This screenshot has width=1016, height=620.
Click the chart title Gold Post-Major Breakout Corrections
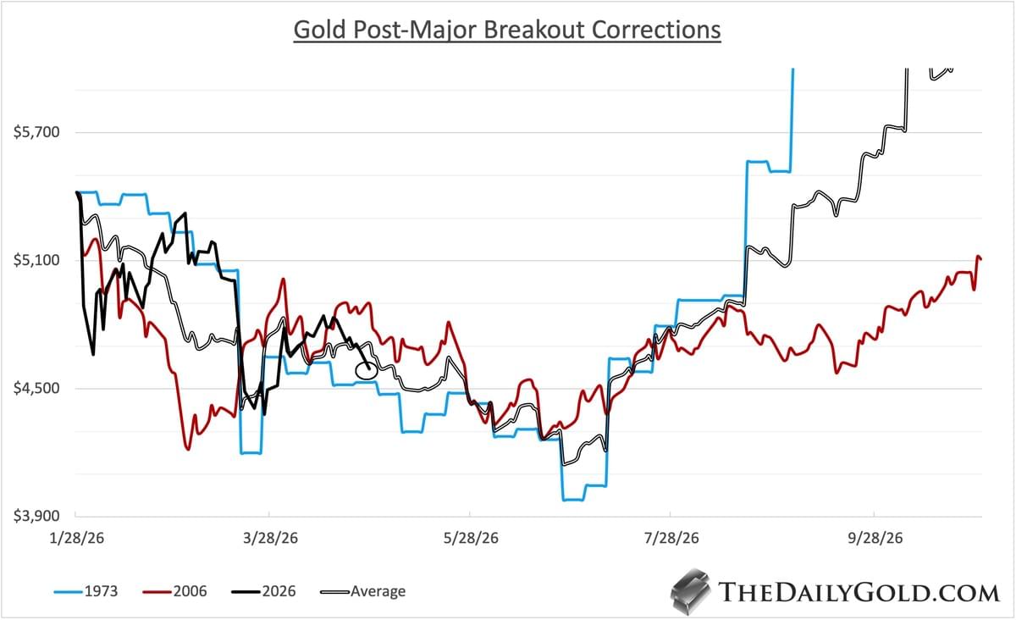506,30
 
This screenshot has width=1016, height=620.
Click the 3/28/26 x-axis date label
268,538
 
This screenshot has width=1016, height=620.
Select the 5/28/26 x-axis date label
469,538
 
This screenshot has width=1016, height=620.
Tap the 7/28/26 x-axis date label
670,538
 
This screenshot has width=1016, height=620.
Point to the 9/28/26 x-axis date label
874,538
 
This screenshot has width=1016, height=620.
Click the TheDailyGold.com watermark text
858,591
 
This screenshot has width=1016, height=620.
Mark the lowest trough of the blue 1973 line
572,500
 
